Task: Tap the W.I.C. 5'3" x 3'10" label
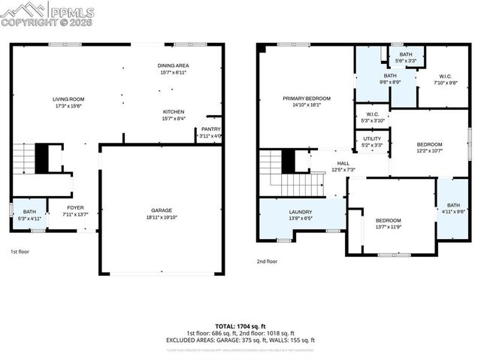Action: [x=373, y=117]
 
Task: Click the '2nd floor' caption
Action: [x=267, y=262]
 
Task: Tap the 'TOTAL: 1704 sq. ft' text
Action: [x=240, y=326]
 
